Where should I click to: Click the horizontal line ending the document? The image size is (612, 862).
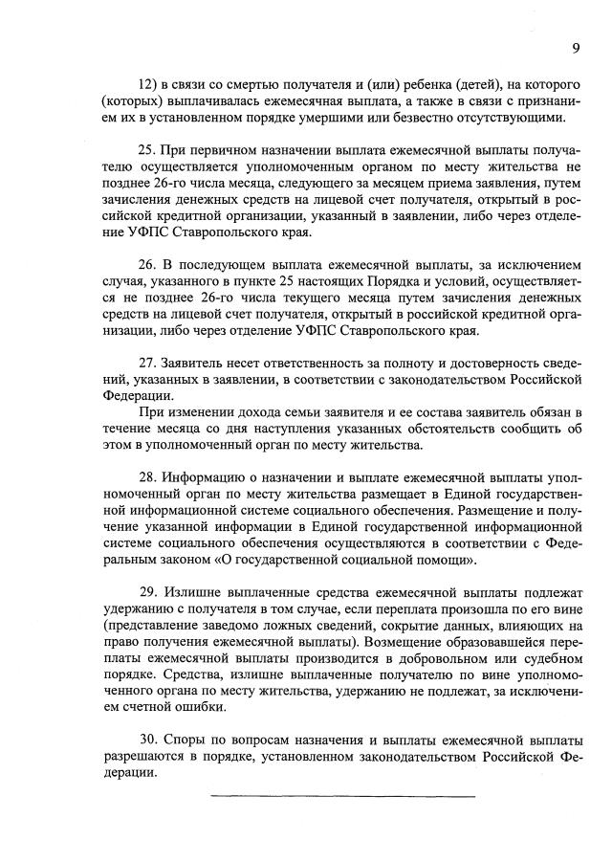[341, 795]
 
